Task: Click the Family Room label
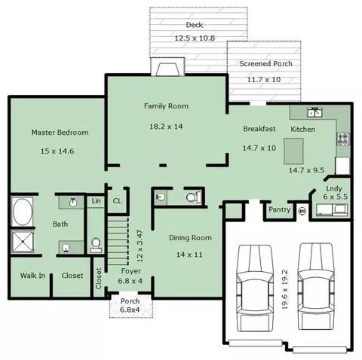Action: tap(166, 106)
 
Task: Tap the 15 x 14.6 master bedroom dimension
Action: tap(57, 151)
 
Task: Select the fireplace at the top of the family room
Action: tap(167, 67)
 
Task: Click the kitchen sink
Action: tap(315, 112)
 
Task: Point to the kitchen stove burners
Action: tap(343, 139)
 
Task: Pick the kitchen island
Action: tap(293, 151)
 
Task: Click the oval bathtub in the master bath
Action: tap(23, 212)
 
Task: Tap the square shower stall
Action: tap(23, 242)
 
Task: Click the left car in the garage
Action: tap(255, 288)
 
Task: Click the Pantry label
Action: tap(280, 209)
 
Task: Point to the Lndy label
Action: tap(334, 188)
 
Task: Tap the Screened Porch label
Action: tap(265, 64)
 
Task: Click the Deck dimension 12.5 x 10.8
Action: tap(195, 38)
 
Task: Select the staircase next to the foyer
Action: tap(118, 240)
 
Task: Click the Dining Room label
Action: tap(190, 238)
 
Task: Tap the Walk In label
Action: tap(32, 276)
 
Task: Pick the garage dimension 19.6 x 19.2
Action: tap(284, 289)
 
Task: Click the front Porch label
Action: tap(130, 301)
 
